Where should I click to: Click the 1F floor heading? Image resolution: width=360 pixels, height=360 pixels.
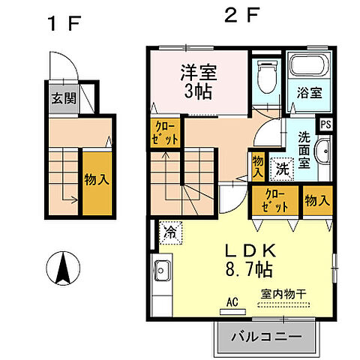(x=64, y=23)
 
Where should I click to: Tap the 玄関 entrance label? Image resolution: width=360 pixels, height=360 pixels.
(x=61, y=97)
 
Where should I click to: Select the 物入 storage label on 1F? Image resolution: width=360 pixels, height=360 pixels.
(x=95, y=180)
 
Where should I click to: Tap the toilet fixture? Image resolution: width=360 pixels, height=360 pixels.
(x=265, y=75)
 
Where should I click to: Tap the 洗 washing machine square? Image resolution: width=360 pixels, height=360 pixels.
(x=281, y=168)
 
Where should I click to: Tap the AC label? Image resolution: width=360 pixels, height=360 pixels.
(x=232, y=301)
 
